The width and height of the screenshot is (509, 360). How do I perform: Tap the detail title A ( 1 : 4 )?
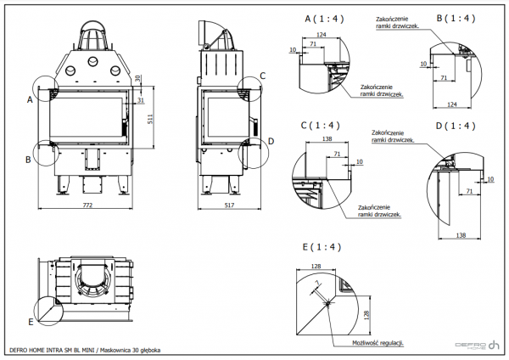[x=324, y=19]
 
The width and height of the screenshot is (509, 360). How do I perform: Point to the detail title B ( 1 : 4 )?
[x=455, y=17]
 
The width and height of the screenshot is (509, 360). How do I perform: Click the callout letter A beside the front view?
[x=30, y=99]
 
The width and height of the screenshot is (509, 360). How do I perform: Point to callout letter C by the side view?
[x=262, y=76]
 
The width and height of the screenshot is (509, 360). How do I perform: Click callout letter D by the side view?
[x=271, y=141]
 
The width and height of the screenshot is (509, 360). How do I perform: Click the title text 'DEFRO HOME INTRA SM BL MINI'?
[x=50, y=349]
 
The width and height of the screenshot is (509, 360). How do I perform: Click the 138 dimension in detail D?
[x=461, y=233]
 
